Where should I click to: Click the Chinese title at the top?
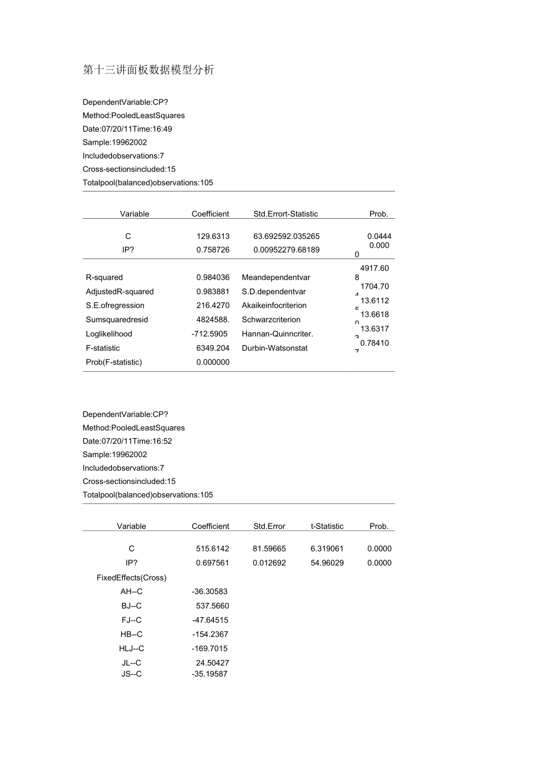(x=149, y=70)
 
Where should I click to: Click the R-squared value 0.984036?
(x=213, y=277)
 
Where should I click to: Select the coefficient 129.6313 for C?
(x=213, y=236)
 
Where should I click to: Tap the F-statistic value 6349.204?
(x=213, y=348)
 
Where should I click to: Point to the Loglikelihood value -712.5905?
(x=210, y=334)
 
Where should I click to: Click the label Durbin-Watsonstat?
(x=274, y=348)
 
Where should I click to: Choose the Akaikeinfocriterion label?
(x=274, y=305)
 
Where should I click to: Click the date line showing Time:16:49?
(x=127, y=129)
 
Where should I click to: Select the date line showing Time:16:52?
(x=127, y=441)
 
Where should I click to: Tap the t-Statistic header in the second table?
(x=327, y=526)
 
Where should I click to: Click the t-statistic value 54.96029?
(x=327, y=563)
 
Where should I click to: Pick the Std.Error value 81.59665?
(x=269, y=548)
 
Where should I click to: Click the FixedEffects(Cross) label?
(x=132, y=578)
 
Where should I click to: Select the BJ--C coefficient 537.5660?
(x=212, y=606)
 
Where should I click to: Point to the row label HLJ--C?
(x=132, y=649)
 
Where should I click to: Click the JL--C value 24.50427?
(x=212, y=663)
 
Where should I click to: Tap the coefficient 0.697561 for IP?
(x=212, y=563)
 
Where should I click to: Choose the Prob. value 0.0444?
(x=379, y=236)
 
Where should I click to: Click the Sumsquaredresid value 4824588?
(x=213, y=320)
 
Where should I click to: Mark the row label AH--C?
(x=132, y=592)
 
